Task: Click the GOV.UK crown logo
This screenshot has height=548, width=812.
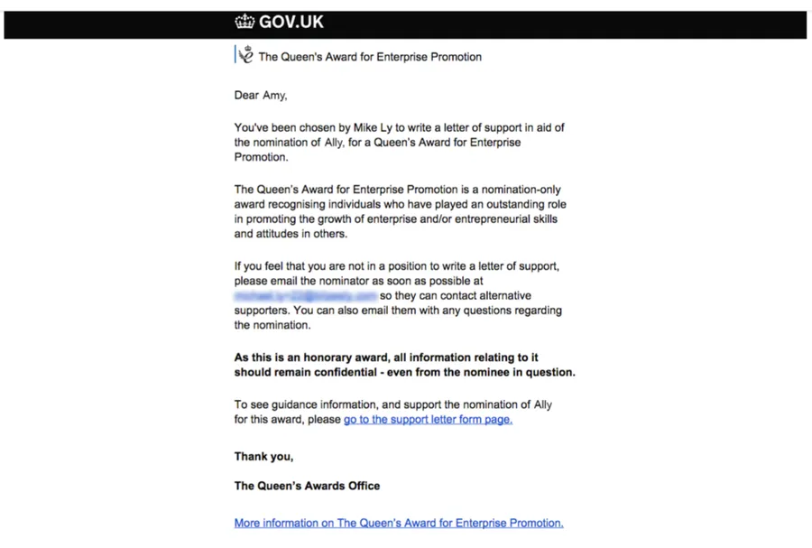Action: [x=245, y=23]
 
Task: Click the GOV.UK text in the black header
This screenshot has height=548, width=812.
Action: [x=291, y=23]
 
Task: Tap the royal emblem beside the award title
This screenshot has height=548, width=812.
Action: [x=245, y=55]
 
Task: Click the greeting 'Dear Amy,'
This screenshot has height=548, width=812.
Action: [x=261, y=95]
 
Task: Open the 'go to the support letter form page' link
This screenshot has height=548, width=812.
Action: [x=428, y=420]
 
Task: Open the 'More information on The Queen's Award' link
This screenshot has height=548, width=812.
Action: [x=399, y=523]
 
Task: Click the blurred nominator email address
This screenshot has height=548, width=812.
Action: [x=305, y=296]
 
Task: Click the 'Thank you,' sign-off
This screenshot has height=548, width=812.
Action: [x=263, y=457]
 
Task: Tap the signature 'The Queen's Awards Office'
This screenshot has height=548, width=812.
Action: [x=307, y=486]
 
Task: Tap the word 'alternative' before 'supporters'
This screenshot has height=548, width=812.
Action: [x=501, y=296]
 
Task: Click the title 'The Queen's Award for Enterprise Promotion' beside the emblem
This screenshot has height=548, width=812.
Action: [x=370, y=57]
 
